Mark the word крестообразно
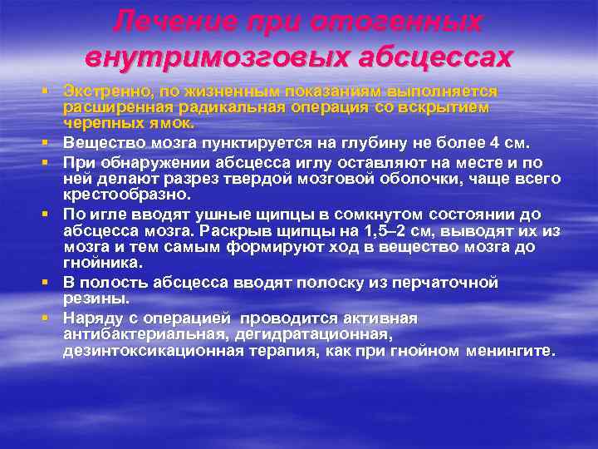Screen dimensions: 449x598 (126, 195)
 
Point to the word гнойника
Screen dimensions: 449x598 (98, 263)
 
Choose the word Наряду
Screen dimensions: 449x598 (93, 318)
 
